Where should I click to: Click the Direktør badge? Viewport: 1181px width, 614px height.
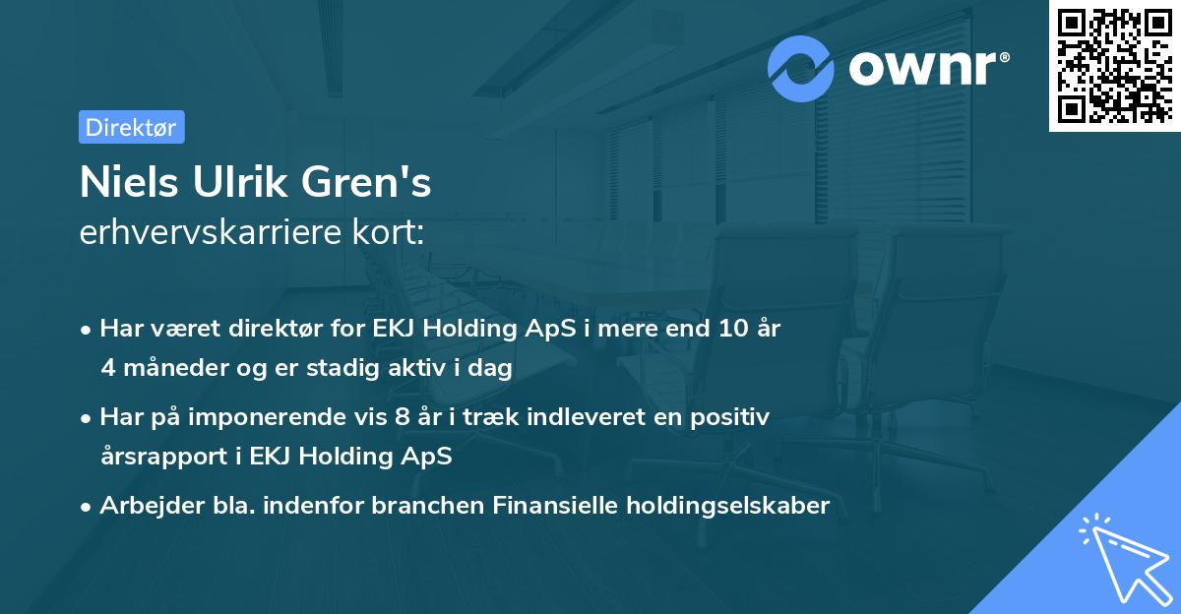pos(131,127)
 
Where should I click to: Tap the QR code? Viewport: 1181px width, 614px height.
pos(1113,66)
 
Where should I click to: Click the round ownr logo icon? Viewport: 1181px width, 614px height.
pos(801,68)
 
